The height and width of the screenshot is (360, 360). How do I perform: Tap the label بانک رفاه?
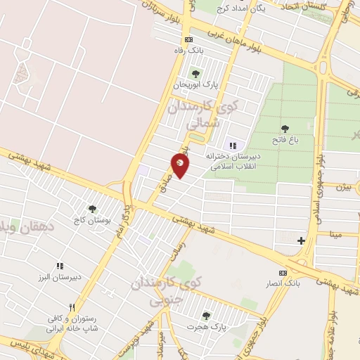point(188,51)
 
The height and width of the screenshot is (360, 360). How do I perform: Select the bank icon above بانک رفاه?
point(188,40)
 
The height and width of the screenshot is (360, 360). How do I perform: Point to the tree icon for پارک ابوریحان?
point(195,73)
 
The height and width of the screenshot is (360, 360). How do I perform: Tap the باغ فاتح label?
point(286,140)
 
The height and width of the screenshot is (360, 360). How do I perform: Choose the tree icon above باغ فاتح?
point(285,129)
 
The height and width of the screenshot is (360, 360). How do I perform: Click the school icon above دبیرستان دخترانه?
point(233,146)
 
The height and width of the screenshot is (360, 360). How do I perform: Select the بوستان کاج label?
point(92,220)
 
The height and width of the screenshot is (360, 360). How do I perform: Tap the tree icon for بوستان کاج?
point(91,209)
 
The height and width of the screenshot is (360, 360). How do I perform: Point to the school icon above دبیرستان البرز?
point(60,266)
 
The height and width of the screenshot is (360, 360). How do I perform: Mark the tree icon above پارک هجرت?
point(206,316)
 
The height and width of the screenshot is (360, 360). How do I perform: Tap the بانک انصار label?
point(283,283)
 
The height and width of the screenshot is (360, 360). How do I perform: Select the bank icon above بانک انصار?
point(283,272)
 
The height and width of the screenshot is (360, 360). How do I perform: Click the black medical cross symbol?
point(301,240)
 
